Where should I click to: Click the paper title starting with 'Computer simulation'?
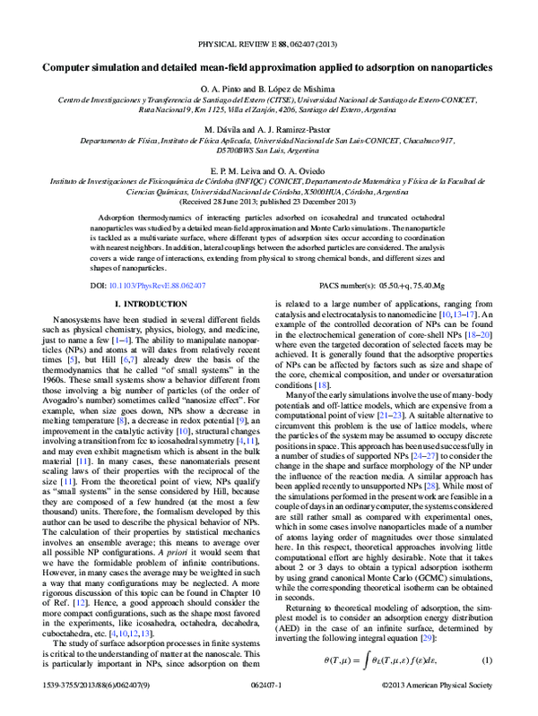pyautogui.click(x=268, y=67)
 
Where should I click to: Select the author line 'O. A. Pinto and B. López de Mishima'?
pyautogui.click(x=268, y=89)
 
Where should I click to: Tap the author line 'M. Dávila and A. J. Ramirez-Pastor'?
pyautogui.click(x=268, y=130)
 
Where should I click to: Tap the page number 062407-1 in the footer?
pyautogui.click(x=268, y=708)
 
